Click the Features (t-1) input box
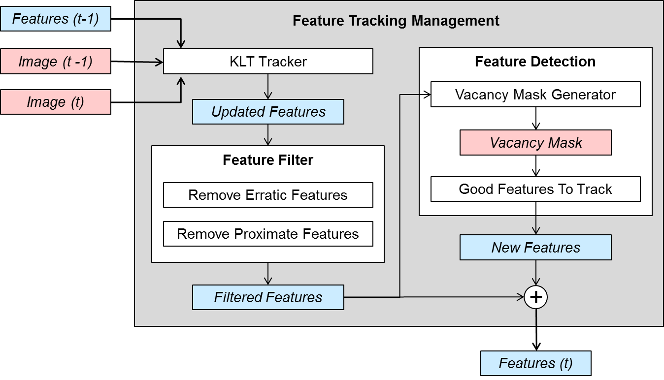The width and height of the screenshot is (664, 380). tap(56, 19)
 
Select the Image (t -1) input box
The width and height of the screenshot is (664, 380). tap(56, 62)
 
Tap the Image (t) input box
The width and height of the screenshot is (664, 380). tap(56, 102)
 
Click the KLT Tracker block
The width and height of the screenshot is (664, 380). tap(268, 62)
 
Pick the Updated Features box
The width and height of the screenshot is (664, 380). tap(268, 112)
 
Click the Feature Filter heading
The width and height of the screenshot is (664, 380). tap(268, 160)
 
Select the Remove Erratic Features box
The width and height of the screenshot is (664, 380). tap(268, 195)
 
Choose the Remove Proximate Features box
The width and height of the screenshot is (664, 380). tap(268, 234)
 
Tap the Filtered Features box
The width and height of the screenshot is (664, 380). tap(268, 297)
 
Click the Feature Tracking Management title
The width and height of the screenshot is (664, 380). tap(396, 21)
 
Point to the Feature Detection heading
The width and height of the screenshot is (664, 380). tap(535, 62)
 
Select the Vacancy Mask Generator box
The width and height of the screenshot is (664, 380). tap(535, 95)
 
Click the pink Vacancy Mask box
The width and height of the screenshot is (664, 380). tap(535, 143)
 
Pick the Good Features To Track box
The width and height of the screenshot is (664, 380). tap(535, 189)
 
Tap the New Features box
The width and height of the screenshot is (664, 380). tap(535, 247)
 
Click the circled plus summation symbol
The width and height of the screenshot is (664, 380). tap(536, 297)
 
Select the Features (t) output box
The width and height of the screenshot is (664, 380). tap(535, 363)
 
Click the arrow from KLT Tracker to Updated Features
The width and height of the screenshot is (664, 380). tap(268, 87)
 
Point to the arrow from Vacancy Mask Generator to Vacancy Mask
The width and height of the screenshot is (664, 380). tap(536, 118)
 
